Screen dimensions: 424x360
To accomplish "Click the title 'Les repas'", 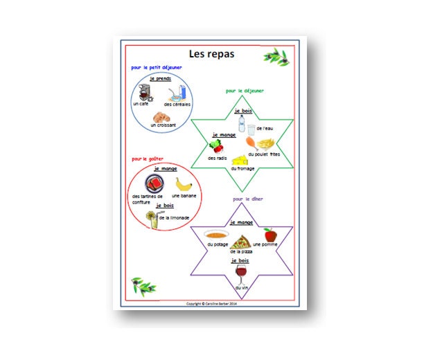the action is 211,53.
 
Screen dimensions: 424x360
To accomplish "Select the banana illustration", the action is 183,185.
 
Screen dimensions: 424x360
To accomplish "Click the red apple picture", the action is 270,235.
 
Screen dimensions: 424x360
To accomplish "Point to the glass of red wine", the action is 240,273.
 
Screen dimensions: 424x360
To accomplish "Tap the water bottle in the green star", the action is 242,123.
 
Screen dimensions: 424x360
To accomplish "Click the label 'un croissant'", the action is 163,125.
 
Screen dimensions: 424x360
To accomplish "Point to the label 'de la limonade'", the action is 174,217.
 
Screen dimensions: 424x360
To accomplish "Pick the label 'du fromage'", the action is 242,169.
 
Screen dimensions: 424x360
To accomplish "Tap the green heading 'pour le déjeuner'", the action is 245,90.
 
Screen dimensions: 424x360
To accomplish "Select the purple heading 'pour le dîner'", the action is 248,199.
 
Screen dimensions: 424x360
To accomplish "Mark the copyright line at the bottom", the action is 211,303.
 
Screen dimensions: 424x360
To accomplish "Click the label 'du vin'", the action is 241,287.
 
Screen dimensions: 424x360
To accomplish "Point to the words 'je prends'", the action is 163,78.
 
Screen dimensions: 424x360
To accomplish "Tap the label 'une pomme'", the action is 265,244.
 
